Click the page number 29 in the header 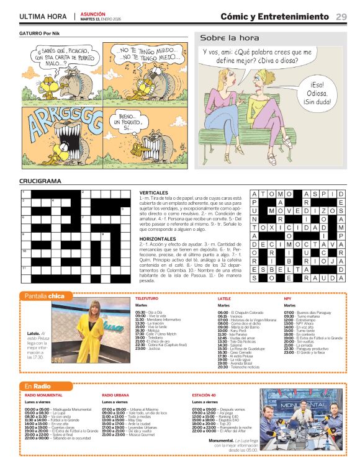pos(341,16)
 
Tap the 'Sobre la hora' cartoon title pos(221,38)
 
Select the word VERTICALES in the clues pos(153,193)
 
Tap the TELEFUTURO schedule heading pos(146,298)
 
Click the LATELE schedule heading pos(224,298)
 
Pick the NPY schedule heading pos(287,298)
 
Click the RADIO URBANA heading pos(115,395)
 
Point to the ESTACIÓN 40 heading pos(204,395)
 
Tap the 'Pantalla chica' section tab pos(44,296)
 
